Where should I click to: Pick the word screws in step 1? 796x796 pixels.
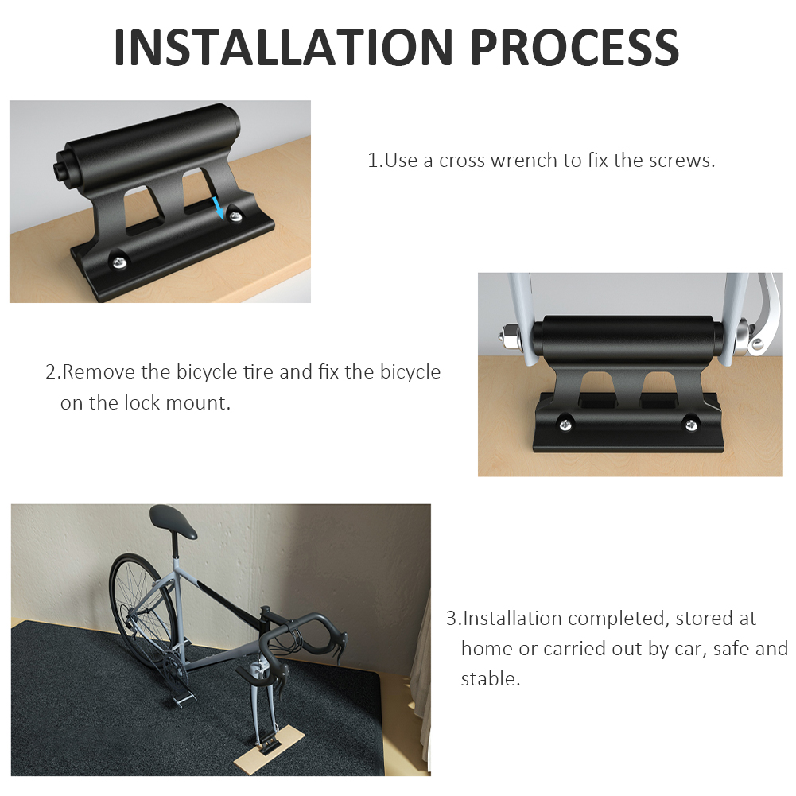[x=681, y=160]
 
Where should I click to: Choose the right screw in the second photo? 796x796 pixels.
[x=690, y=425]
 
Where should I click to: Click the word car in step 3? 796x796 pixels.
[x=691, y=649]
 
